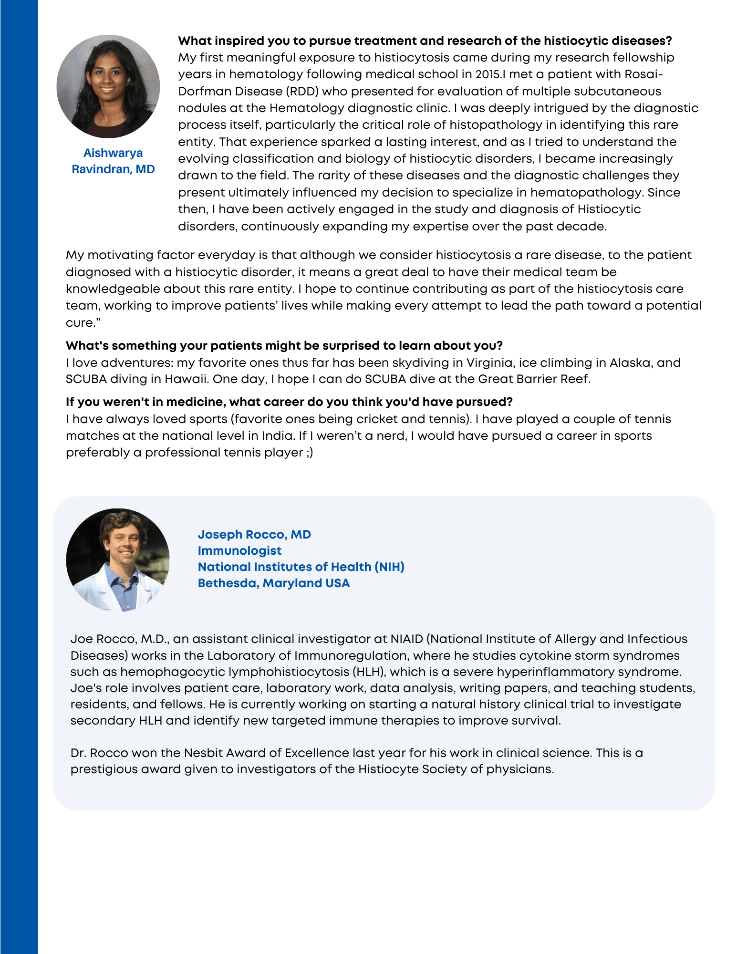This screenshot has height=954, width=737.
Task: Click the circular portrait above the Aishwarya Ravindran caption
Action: pos(108,86)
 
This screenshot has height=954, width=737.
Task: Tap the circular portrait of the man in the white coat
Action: pos(118,560)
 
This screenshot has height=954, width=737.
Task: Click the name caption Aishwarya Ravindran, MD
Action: pos(113,161)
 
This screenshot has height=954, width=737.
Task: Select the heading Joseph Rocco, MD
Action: pos(254,534)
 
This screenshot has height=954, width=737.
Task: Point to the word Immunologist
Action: pos(239,550)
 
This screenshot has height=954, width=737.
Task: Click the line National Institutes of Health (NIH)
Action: pos(301,567)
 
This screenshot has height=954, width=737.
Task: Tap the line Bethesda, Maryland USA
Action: pos(274,583)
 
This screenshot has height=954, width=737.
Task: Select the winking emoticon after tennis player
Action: pos(310,452)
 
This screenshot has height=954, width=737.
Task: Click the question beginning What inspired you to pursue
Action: pos(425,41)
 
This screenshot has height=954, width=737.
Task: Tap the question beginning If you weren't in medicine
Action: pos(289,402)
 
